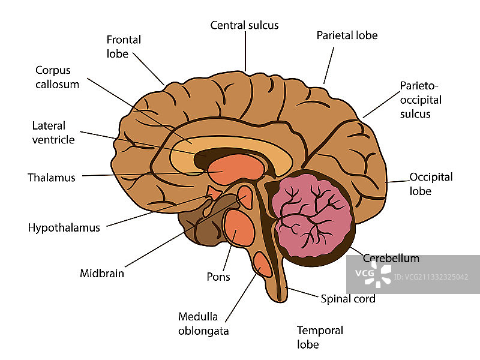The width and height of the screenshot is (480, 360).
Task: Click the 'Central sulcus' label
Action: (x=244, y=25)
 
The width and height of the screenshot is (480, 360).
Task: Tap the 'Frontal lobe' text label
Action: (x=124, y=47)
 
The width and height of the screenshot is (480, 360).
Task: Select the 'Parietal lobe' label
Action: (x=347, y=35)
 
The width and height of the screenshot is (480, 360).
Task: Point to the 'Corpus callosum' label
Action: (x=57, y=77)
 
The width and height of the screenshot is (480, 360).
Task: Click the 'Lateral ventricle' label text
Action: (x=53, y=133)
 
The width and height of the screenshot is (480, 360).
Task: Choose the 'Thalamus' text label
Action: (x=52, y=178)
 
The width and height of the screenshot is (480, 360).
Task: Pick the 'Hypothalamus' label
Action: (x=64, y=227)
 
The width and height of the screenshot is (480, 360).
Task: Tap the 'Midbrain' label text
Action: (x=102, y=274)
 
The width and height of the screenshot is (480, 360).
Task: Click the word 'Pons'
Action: (x=218, y=277)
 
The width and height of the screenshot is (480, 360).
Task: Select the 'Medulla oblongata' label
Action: (x=203, y=323)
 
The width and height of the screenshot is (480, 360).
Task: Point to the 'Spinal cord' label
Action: (x=348, y=298)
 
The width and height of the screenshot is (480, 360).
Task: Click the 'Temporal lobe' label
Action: (x=320, y=337)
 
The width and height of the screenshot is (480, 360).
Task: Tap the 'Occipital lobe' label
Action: (x=430, y=184)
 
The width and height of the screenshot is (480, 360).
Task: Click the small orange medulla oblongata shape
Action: (x=263, y=263)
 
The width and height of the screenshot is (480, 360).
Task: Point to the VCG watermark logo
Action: (x=368, y=274)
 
